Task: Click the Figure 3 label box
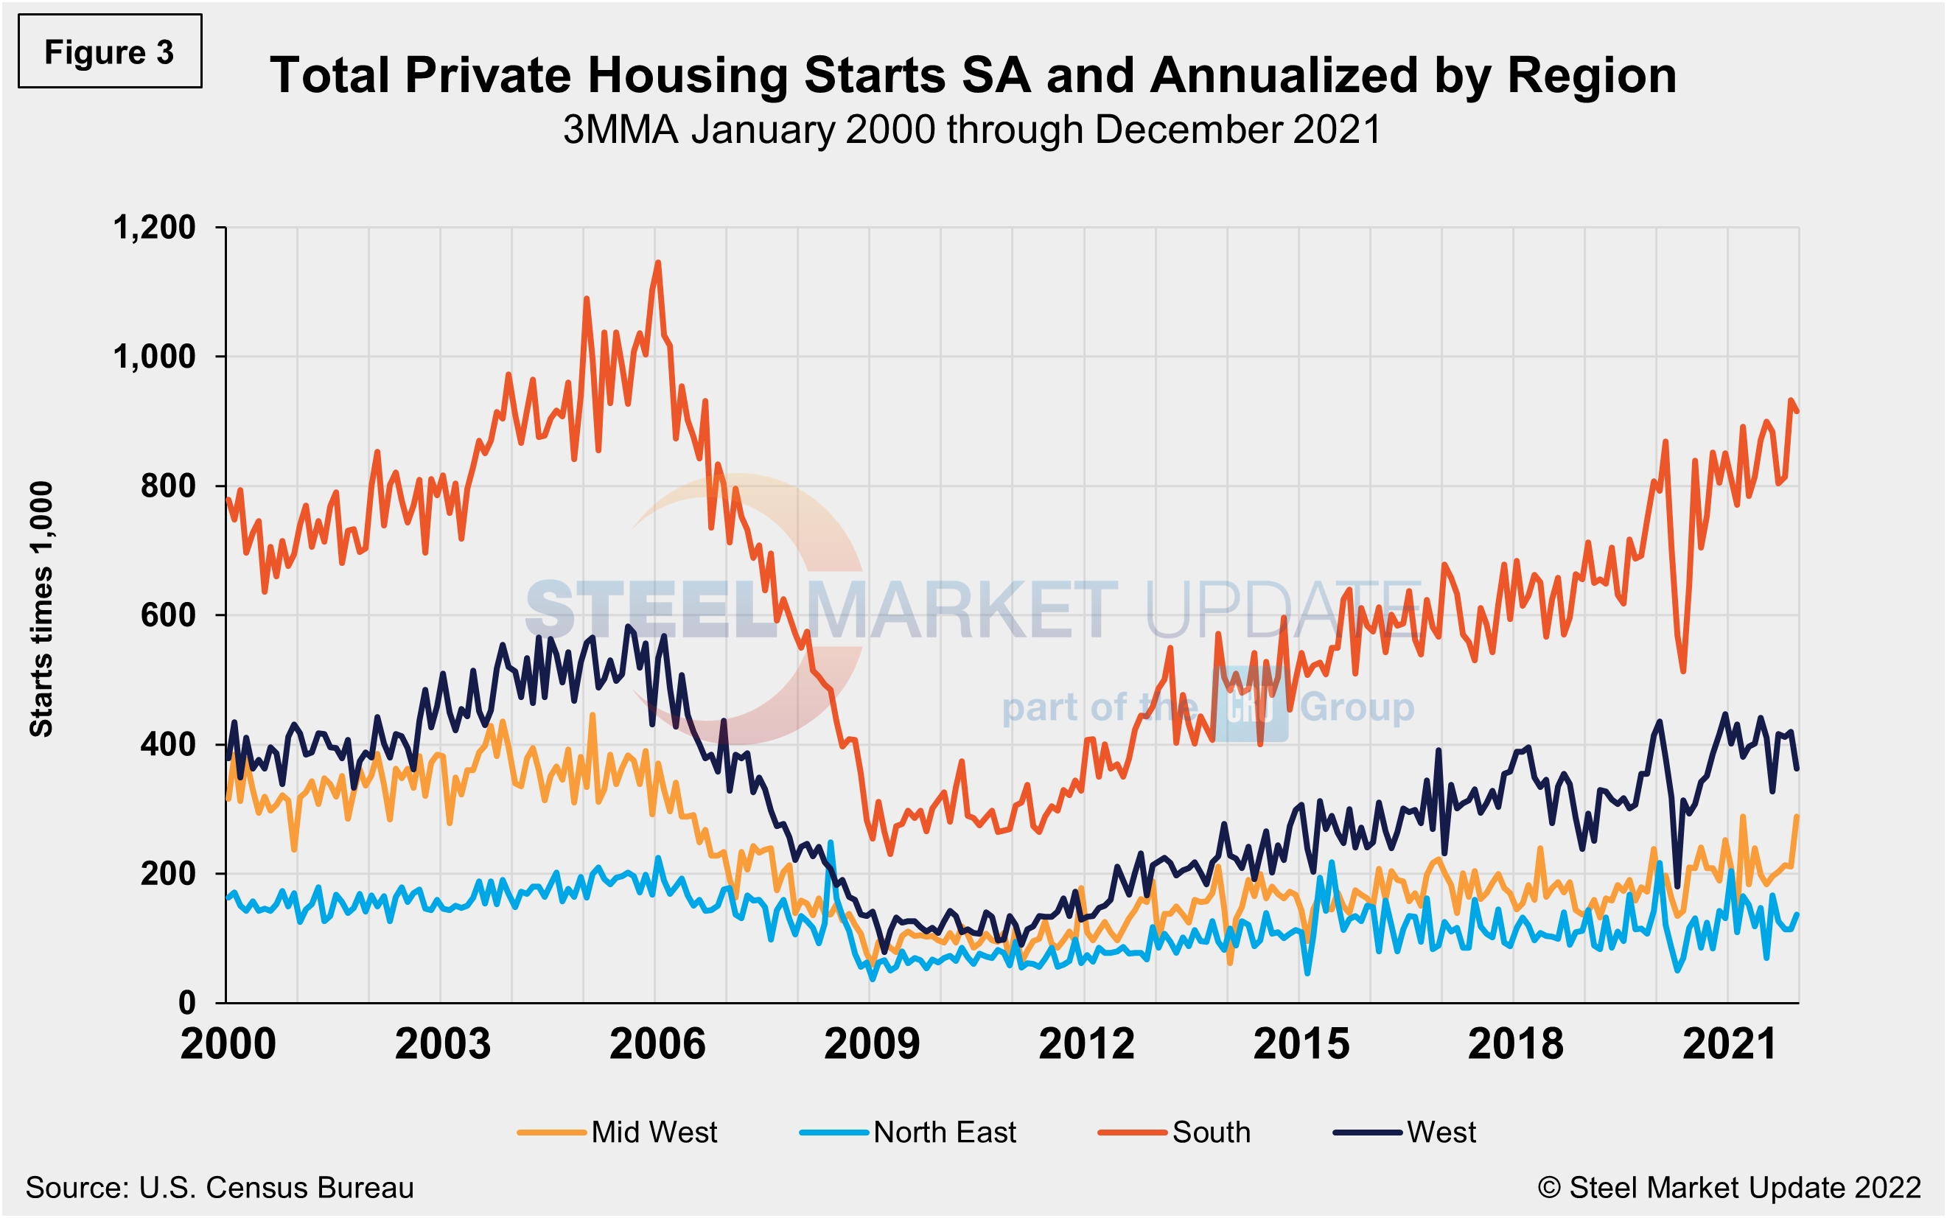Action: [x=110, y=51]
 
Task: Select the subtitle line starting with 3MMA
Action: [x=972, y=130]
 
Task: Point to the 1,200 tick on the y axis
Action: [x=154, y=227]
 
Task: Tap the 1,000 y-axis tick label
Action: [x=154, y=356]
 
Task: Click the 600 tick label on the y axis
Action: [x=167, y=615]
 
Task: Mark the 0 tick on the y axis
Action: [x=187, y=1003]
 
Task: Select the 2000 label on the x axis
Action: [x=228, y=1044]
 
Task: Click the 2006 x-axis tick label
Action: [x=657, y=1044]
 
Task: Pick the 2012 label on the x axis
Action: [x=1087, y=1044]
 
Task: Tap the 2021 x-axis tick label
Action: [x=1730, y=1044]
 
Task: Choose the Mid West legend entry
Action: [x=617, y=1132]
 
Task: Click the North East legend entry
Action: [x=908, y=1132]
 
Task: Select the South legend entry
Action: [x=1175, y=1132]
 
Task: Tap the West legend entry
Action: [x=1405, y=1132]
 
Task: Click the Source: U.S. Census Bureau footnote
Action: [x=219, y=1187]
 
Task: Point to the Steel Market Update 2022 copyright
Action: [x=1730, y=1187]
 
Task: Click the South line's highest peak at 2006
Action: [x=658, y=262]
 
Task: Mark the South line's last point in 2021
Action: [x=1797, y=412]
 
